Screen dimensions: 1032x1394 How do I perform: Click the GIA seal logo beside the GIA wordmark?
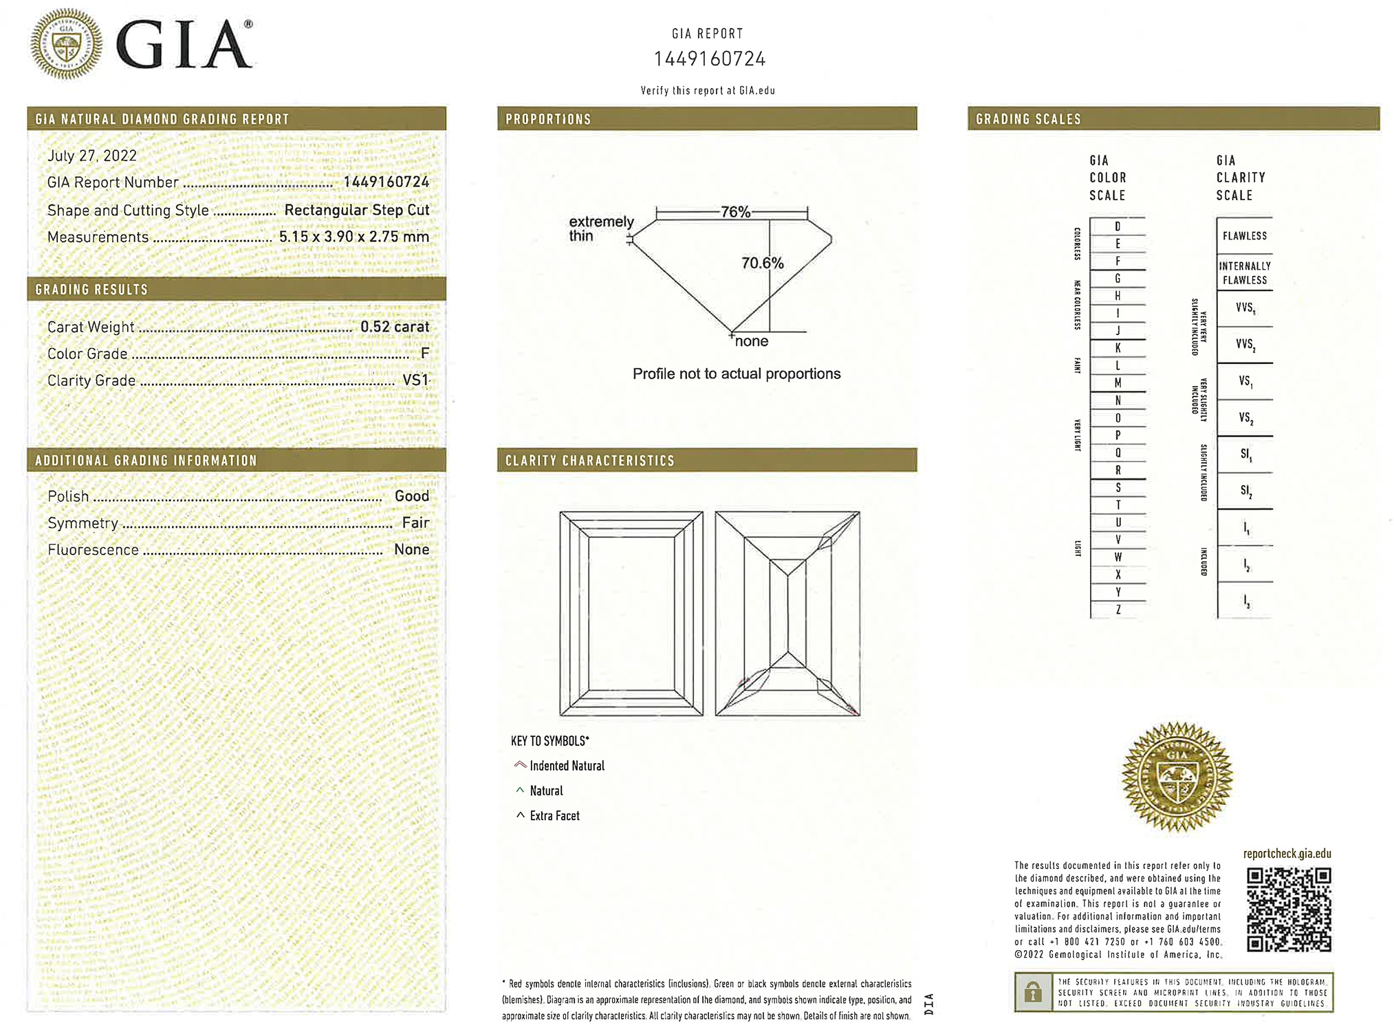click(66, 44)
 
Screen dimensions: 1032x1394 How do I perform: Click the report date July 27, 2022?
click(92, 155)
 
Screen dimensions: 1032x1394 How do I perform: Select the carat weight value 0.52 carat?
click(394, 327)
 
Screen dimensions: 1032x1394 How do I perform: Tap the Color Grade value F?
click(424, 354)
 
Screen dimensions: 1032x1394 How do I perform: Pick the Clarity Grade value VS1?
click(415, 380)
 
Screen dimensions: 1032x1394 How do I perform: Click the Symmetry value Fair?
click(415, 523)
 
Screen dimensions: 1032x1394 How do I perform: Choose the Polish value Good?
click(411, 496)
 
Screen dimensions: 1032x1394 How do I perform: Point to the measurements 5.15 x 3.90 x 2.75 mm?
click(353, 237)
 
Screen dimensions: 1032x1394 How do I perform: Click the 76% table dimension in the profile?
click(735, 212)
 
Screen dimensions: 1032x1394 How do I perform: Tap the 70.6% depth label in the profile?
click(762, 263)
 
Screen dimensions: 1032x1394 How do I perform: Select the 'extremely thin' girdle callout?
click(600, 228)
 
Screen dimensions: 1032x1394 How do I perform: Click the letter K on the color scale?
click(1118, 348)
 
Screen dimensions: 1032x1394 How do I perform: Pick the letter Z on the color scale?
click(1118, 610)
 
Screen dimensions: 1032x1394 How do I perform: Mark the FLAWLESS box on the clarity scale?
click(1244, 236)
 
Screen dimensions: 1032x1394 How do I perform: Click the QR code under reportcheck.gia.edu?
click(1288, 910)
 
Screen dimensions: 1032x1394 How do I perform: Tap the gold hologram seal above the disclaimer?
click(1177, 777)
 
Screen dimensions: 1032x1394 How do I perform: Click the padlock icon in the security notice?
click(1032, 992)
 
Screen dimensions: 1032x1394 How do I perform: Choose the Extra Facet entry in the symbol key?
click(554, 816)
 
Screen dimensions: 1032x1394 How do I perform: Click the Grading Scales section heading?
click(1028, 119)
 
